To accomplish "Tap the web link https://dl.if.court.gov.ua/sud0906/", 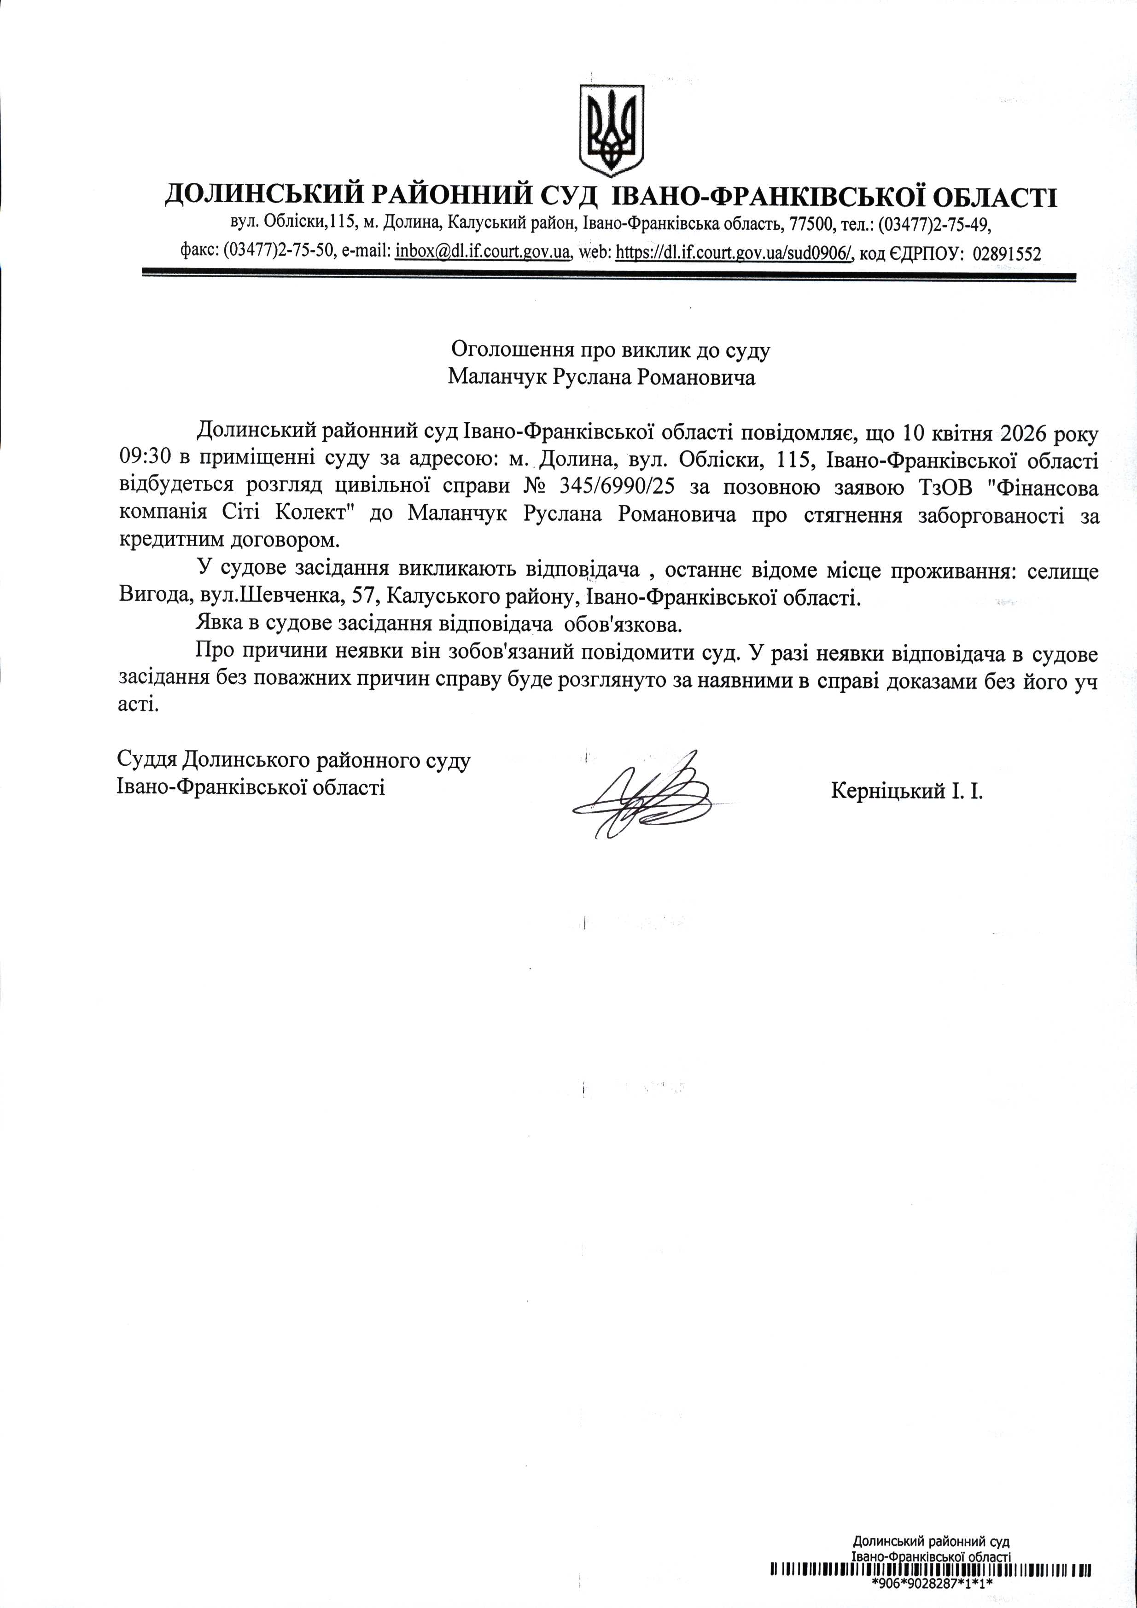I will tap(734, 252).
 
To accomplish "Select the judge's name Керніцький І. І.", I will tap(907, 792).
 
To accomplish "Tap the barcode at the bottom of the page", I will tap(931, 1569).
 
